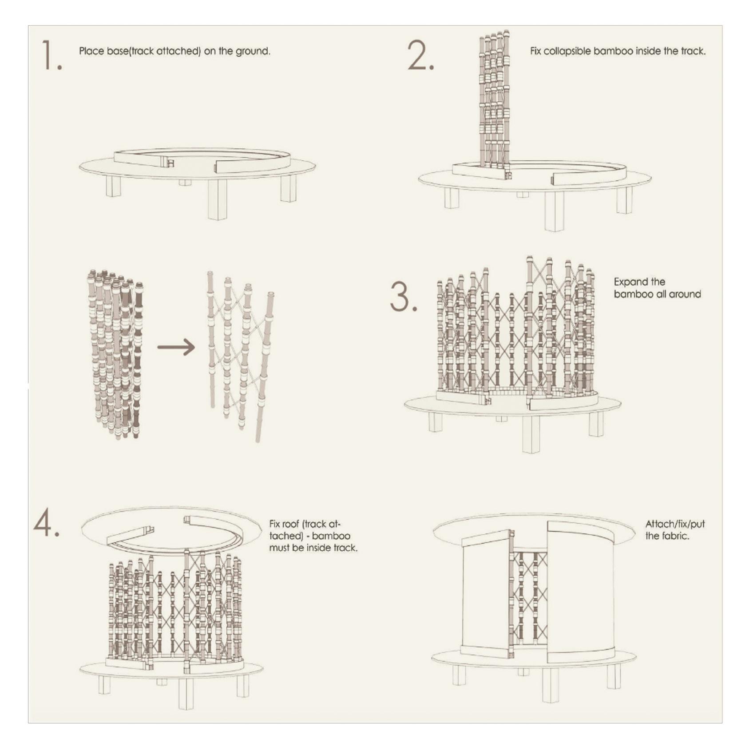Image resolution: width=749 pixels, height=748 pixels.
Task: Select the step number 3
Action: pyautogui.click(x=403, y=297)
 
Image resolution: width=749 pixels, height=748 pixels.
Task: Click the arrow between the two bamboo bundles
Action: pyautogui.click(x=176, y=347)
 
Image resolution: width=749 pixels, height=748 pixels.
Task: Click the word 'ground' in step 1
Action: pyautogui.click(x=252, y=51)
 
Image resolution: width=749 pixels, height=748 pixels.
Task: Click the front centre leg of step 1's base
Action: pyautogui.click(x=218, y=199)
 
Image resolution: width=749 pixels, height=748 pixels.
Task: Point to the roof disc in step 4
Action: pyautogui.click(x=171, y=529)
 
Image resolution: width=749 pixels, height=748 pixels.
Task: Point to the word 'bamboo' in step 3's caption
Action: pyautogui.click(x=633, y=294)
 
